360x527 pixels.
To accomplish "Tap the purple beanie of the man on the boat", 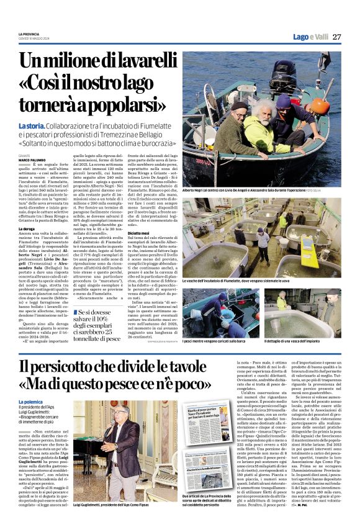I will point(284,101).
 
